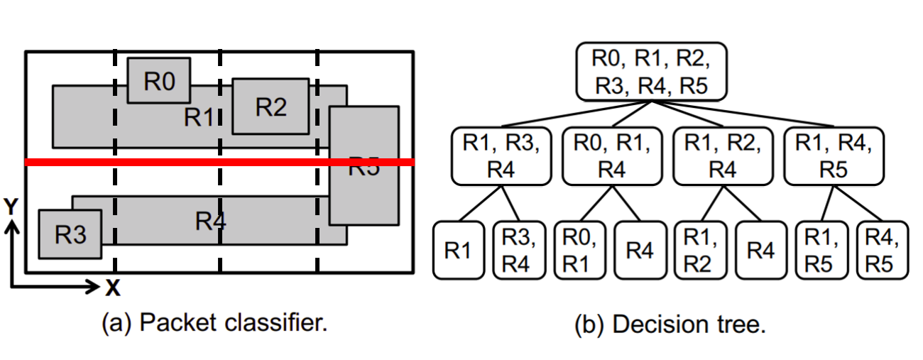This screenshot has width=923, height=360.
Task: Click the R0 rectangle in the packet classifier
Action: click(158, 81)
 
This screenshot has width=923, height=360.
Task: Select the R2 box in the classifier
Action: click(271, 107)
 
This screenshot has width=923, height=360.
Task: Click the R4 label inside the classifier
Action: click(210, 222)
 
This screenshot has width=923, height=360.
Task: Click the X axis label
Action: click(112, 288)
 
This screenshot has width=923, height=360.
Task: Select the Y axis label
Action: click(11, 207)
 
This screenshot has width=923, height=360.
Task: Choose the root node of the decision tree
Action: click(650, 72)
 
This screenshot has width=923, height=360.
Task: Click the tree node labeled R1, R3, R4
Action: click(501, 156)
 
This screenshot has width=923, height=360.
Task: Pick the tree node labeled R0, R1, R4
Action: click(612, 156)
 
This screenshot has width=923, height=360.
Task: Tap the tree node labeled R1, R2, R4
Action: click(722, 156)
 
